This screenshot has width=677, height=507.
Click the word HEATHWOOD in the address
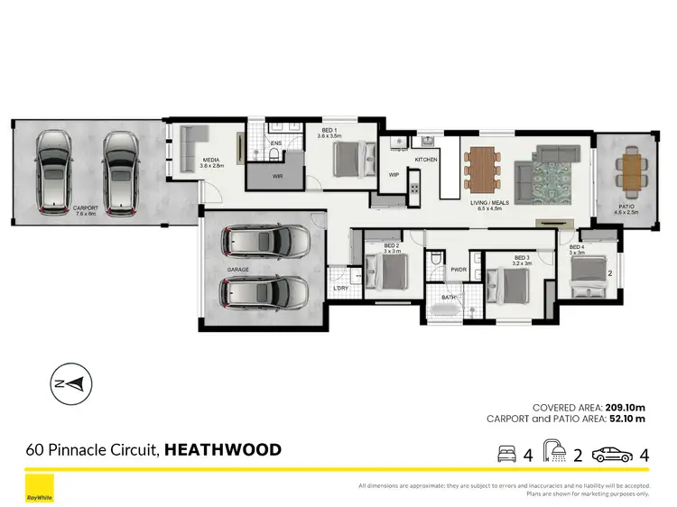[x=223, y=449]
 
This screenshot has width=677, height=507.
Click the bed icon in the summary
[x=508, y=455]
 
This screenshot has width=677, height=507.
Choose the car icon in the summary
[x=611, y=455]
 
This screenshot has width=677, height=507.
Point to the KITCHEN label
[x=426, y=160]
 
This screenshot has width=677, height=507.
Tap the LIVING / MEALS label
[x=489, y=203]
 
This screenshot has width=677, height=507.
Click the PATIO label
[x=626, y=206]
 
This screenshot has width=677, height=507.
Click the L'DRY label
[x=340, y=289]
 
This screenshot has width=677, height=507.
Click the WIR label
[x=278, y=176]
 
